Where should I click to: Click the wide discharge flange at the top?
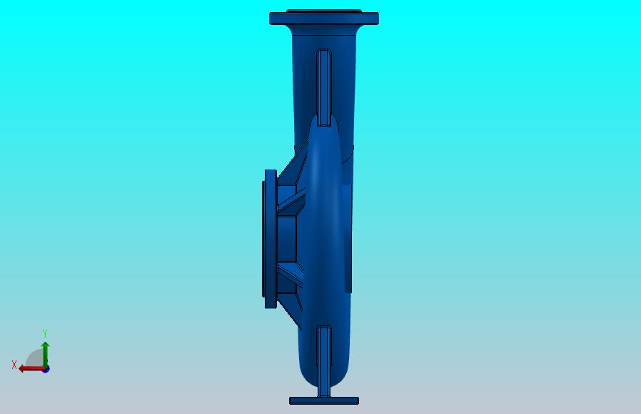click(324, 19)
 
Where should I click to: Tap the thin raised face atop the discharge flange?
click(324, 11)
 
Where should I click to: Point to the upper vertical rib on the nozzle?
click(324, 87)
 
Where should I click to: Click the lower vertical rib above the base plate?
click(324, 361)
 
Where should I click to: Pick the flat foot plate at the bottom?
click(324, 401)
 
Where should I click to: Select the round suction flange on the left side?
click(271, 239)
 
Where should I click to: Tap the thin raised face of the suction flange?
click(263, 239)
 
